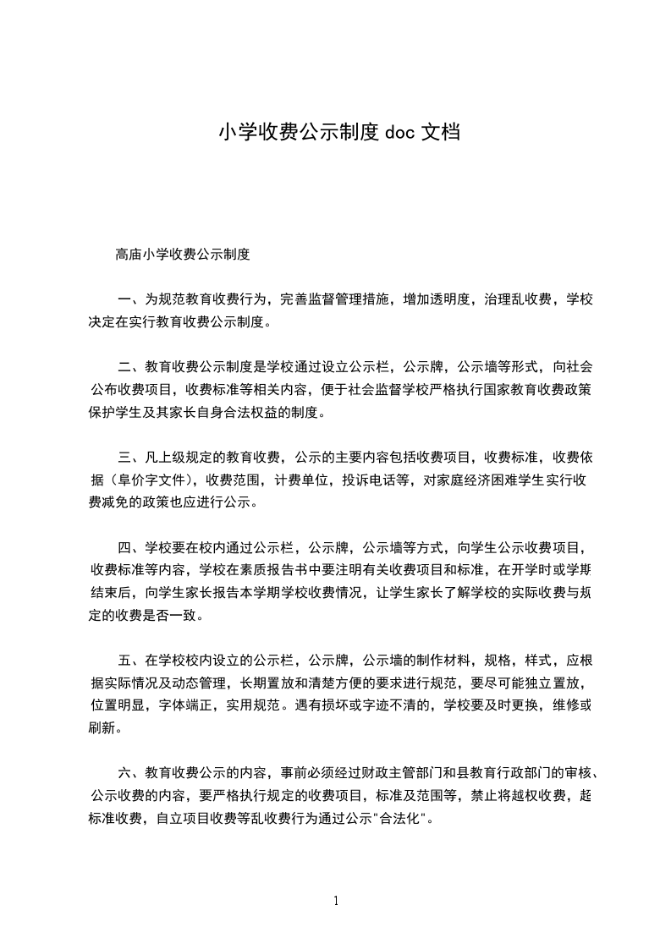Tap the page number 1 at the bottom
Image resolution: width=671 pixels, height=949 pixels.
pos(336,901)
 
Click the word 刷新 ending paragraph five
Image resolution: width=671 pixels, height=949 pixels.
pos(102,727)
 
